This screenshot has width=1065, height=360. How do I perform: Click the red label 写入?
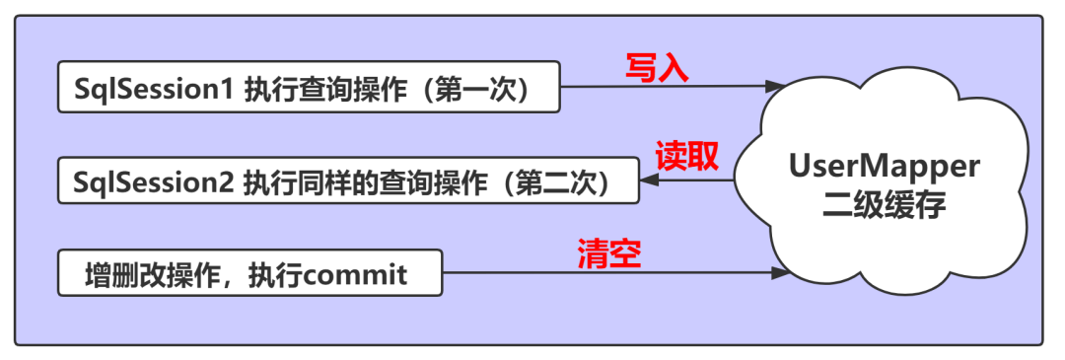click(x=657, y=68)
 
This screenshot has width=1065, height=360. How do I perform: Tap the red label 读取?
click(x=686, y=156)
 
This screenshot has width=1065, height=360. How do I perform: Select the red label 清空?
click(x=609, y=254)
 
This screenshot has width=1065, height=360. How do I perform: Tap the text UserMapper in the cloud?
click(x=884, y=167)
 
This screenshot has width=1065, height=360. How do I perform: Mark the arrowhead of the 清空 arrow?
click(x=779, y=273)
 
